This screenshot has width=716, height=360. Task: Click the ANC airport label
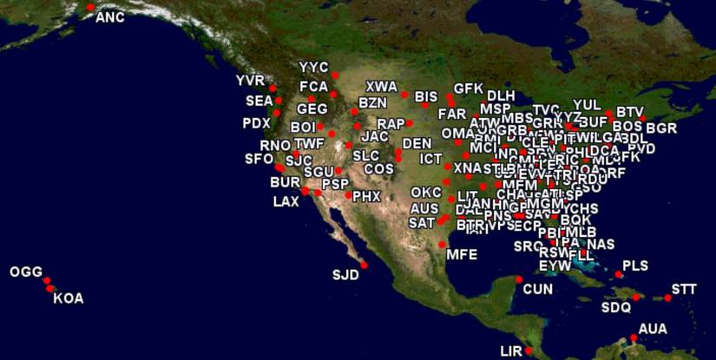[110, 17]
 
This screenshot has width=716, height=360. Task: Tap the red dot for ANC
[90, 8]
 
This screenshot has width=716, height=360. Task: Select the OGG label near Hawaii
[26, 272]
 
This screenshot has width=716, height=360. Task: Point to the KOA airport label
[69, 298]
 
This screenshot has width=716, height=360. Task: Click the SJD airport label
[345, 276]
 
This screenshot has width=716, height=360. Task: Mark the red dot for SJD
[364, 265]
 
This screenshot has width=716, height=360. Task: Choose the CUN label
[538, 287]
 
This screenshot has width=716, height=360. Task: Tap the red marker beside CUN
[519, 278]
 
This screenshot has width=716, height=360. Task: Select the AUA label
[653, 329]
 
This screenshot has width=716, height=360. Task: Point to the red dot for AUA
[634, 337]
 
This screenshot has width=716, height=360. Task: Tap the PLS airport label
[635, 265]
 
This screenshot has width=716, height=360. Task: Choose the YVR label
[250, 81]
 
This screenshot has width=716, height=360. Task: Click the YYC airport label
[314, 67]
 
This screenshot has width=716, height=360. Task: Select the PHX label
[367, 197]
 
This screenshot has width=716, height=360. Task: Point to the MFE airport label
[462, 255]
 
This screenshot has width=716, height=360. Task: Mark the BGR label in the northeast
[661, 128]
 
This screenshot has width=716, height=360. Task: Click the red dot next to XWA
[404, 94]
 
